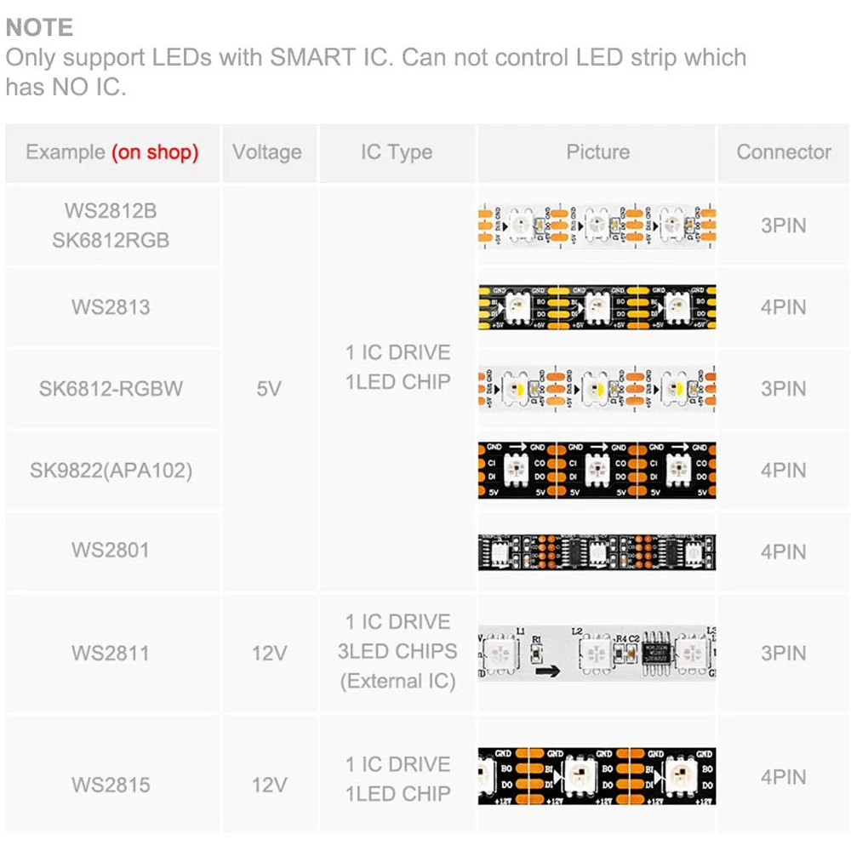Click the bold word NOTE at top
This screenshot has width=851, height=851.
(x=39, y=27)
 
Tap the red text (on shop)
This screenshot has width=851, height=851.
(x=155, y=152)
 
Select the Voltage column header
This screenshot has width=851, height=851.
(x=267, y=152)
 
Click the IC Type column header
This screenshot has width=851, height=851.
(x=397, y=152)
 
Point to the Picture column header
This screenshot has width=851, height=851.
(x=597, y=152)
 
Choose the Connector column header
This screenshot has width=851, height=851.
(x=784, y=152)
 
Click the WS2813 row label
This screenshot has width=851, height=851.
(x=111, y=307)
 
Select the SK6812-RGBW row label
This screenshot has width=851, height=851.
(x=111, y=389)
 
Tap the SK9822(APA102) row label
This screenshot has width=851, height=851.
(x=111, y=470)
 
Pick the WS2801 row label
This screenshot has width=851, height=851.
(x=111, y=551)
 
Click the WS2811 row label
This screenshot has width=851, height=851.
(x=111, y=654)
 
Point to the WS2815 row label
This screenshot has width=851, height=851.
(x=111, y=784)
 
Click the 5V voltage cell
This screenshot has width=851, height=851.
(x=269, y=389)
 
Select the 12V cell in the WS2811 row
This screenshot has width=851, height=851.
(x=269, y=654)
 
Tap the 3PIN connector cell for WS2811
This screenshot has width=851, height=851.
(x=784, y=654)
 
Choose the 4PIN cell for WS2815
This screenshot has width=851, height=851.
(x=784, y=777)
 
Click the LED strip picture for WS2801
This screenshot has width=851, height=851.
(x=597, y=551)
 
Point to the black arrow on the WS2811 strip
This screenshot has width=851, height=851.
(x=549, y=671)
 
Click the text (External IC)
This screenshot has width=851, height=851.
(x=397, y=681)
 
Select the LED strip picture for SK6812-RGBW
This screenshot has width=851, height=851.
(x=597, y=389)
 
